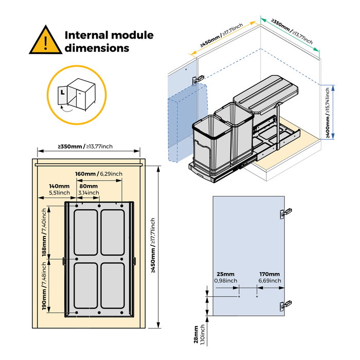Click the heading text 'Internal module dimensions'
[109, 42]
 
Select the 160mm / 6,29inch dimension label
[98, 174]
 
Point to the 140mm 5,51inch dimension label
[59, 189]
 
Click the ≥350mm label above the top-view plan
[85, 147]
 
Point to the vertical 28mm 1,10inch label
[199, 334]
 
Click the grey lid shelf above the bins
[266, 91]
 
